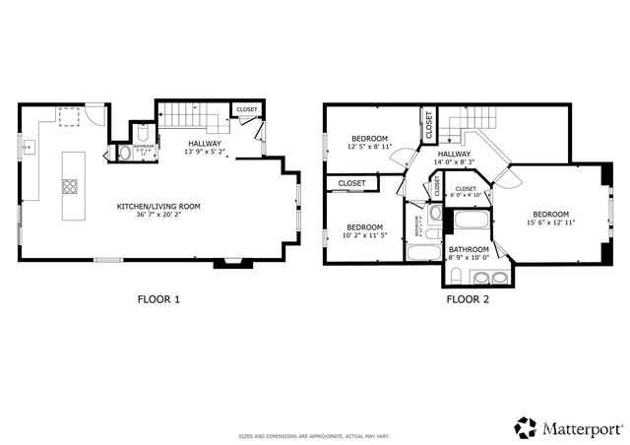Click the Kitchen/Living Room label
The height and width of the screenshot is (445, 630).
[x=158, y=206]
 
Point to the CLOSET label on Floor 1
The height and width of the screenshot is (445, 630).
[x=247, y=109]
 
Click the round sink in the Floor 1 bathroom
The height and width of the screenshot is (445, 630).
[x=122, y=153]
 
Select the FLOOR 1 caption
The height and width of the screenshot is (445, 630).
[x=157, y=298]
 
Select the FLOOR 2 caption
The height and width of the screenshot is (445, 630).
[x=468, y=298]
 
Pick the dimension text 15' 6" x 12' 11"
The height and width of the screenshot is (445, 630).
[x=550, y=222]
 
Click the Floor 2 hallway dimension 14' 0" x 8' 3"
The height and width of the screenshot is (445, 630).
[x=454, y=163]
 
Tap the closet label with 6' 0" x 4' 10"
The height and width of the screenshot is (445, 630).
[x=466, y=195]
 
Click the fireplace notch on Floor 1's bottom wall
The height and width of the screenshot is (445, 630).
[x=233, y=263]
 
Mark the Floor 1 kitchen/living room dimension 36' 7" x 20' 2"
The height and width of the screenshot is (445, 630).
[x=158, y=215]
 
